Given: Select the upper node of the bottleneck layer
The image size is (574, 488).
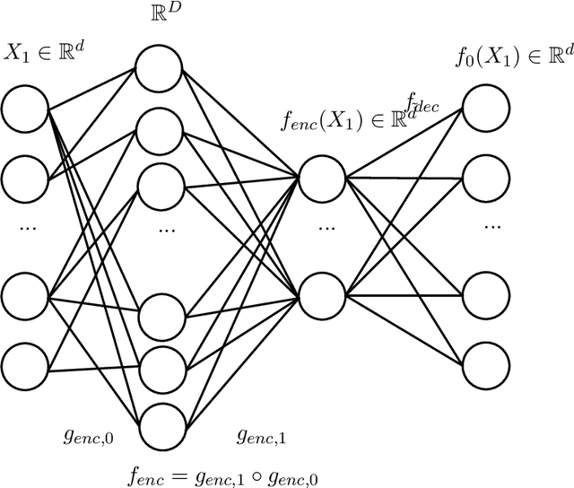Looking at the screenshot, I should tap(322, 178).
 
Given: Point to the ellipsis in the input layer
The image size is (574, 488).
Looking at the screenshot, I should tap(24, 231).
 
